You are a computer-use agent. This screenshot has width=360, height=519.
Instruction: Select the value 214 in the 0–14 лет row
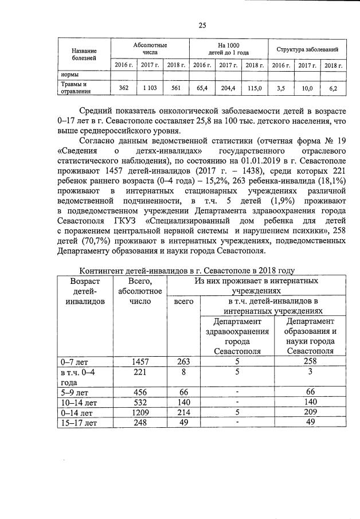[182, 412]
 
